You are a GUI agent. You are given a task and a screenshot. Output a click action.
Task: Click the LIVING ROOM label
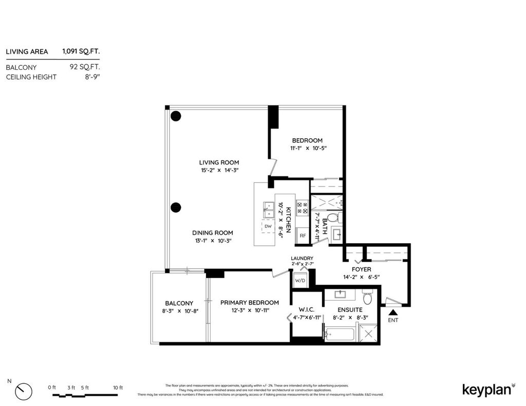219,162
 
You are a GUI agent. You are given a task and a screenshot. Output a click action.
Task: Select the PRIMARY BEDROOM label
249,303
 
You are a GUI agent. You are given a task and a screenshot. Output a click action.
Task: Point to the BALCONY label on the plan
179,303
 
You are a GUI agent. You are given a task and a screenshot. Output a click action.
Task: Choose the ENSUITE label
350,310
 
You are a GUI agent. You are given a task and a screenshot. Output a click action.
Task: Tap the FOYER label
361,269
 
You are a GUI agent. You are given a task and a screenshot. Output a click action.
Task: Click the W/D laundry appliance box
299,280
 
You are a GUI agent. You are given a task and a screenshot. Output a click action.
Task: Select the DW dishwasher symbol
268,226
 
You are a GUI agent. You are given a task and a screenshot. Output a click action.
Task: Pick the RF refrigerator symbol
303,236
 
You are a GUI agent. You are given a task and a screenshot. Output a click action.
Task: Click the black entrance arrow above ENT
393,311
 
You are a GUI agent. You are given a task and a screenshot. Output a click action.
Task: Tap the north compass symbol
23,391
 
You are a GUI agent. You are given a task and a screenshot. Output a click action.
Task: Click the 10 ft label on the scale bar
118,387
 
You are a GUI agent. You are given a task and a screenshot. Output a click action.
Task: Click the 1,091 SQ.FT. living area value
81,51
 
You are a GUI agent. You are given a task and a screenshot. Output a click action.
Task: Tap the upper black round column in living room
176,116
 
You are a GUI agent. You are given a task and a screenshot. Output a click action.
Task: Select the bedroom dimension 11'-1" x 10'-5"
308,148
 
